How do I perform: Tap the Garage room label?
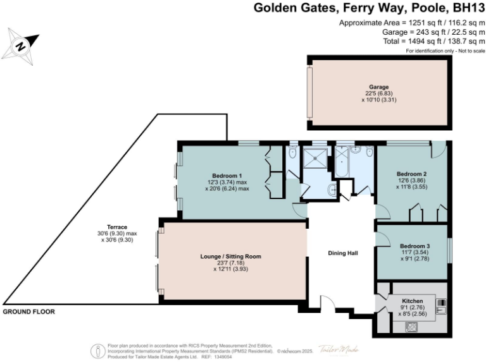pyautogui.click(x=379, y=87)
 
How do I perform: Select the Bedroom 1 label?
pyautogui.click(x=227, y=175)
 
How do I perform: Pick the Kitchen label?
pyautogui.click(x=413, y=300)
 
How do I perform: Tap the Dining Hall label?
pyautogui.click(x=343, y=253)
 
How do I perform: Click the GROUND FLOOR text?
pyautogui.click(x=28, y=312)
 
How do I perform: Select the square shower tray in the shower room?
pyautogui.click(x=315, y=158)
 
